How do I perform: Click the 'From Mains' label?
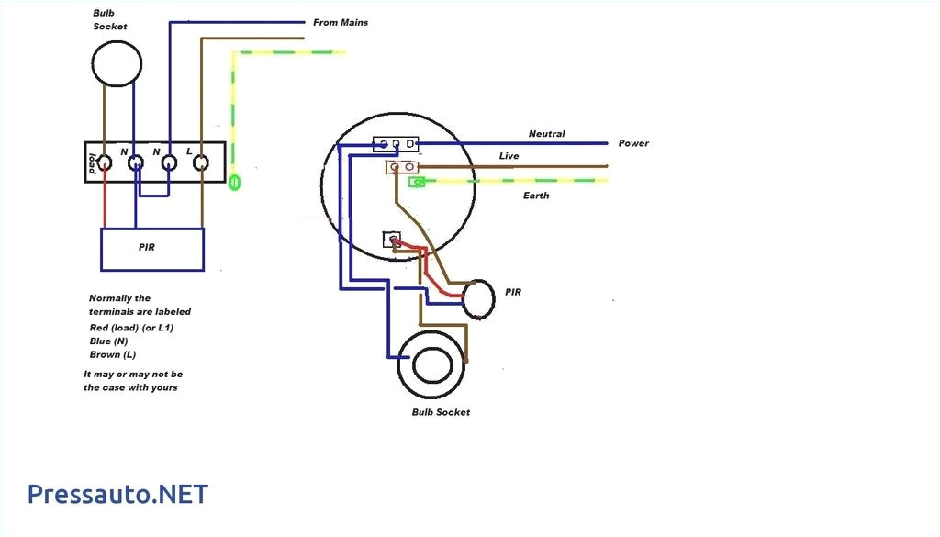pos(341,22)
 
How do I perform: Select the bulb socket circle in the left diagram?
pos(117,63)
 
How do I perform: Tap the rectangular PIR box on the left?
pos(152,249)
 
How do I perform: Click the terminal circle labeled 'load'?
pos(104,163)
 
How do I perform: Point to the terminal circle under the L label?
pos(201,163)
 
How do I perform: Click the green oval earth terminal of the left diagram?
pos(235,182)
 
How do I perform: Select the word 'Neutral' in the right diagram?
pos(546,134)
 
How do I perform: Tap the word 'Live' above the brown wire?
pos(509,156)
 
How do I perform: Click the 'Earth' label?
pos(536,196)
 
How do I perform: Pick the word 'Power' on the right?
pos(633,143)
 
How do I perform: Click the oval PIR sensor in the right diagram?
pos(478,299)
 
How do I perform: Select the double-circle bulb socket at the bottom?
pos(431,364)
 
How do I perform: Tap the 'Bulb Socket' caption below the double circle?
pos(441,412)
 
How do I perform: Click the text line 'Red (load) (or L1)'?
pos(131,327)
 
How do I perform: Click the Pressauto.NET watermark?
pos(117,495)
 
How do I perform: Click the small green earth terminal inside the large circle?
pos(416,182)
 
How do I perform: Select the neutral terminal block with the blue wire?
pos(396,143)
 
